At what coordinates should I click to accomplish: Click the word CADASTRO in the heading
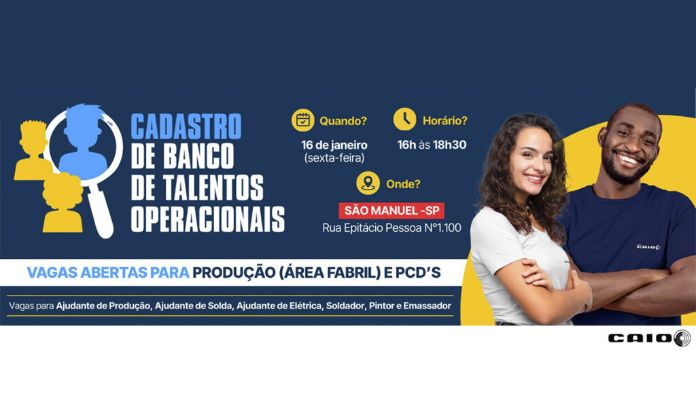click(186, 127)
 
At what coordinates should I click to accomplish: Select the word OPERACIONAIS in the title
click(208, 218)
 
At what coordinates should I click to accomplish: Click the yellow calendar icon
click(302, 120)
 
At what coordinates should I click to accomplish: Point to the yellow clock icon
click(405, 119)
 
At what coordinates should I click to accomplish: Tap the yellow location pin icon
click(368, 183)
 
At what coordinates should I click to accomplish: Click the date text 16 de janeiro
click(334, 145)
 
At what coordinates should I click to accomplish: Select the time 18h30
click(450, 145)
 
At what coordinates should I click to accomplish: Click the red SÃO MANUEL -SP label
click(391, 211)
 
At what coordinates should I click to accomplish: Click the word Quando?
click(343, 121)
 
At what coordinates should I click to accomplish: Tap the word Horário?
click(445, 121)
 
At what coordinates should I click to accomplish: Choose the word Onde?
click(403, 184)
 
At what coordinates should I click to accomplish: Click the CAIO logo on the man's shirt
click(648, 247)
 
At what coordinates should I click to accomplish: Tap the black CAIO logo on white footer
click(649, 338)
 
